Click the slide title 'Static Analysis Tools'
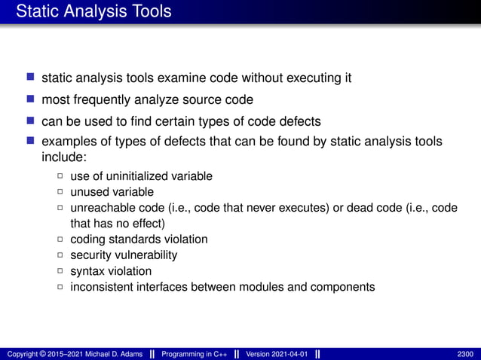coord(93,12)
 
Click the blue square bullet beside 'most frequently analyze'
coord(31,99)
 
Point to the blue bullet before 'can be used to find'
coord(31,121)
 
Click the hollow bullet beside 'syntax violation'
coord(60,271)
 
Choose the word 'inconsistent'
coord(102,287)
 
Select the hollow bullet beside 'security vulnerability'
coord(60,255)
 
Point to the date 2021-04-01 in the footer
coord(287,354)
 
